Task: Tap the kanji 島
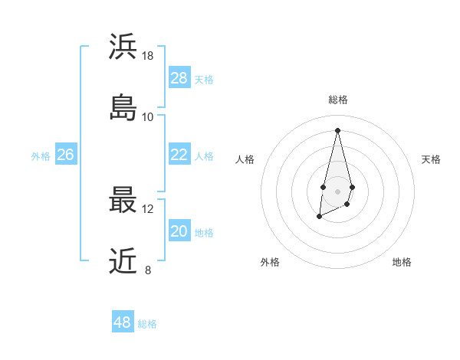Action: coord(123,107)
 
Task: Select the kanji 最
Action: coord(123,199)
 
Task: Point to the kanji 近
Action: coord(123,260)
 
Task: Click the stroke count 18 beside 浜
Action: coord(148,56)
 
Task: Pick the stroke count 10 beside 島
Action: coord(148,117)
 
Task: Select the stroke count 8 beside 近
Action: coord(148,270)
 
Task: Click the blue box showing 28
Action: coord(179,78)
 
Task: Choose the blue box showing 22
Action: coord(179,155)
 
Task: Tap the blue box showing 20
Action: coord(179,231)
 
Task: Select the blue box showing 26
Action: coord(66,155)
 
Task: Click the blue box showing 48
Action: coord(123,322)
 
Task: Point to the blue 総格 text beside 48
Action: coord(147,324)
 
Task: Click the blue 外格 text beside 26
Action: coord(41,156)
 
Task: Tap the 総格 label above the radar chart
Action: coord(337,100)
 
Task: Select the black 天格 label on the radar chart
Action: coord(431,159)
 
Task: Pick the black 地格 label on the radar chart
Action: coord(402,262)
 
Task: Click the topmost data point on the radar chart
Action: coord(337,129)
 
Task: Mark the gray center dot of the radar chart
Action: coord(337,190)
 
